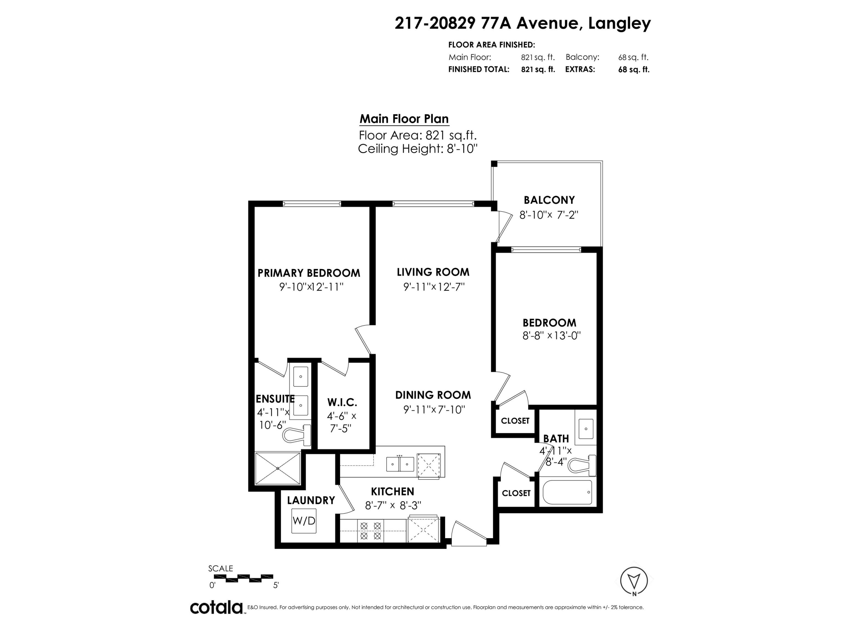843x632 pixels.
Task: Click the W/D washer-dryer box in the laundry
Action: click(x=304, y=520)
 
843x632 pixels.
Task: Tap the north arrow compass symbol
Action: click(x=634, y=581)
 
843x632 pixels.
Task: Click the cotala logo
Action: click(x=216, y=607)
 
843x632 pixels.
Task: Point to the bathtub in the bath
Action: click(x=567, y=492)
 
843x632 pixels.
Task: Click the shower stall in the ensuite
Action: click(x=277, y=468)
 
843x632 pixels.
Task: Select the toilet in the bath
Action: click(x=582, y=465)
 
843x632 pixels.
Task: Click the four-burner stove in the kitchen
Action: click(x=371, y=531)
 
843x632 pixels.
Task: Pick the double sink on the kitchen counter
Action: click(x=400, y=464)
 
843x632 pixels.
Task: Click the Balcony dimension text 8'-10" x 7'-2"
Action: click(x=549, y=215)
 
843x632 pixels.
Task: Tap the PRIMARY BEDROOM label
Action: click(x=309, y=273)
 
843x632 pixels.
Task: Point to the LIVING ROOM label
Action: click(x=433, y=272)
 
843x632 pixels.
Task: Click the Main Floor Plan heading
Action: click(x=404, y=119)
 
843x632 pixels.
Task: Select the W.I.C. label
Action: click(x=342, y=402)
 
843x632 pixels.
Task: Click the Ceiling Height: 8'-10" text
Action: click(x=418, y=149)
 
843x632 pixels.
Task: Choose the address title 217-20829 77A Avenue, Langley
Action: click(x=522, y=23)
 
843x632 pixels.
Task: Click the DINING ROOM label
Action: click(x=433, y=395)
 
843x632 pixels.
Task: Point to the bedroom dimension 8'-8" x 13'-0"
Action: click(x=551, y=336)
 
